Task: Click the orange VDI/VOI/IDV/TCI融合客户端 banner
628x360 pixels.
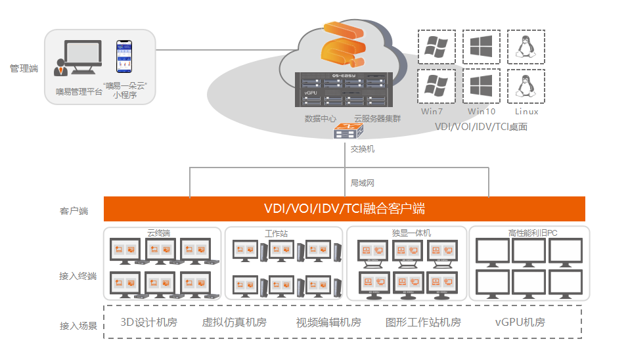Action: click(344, 209)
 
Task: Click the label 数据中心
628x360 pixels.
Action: click(321, 119)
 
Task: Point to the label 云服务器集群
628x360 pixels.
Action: click(377, 119)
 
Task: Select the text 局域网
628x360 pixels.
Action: click(363, 183)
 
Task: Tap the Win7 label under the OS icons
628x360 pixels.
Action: click(432, 112)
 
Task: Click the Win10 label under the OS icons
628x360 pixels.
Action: click(481, 112)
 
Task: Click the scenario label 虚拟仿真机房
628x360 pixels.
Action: click(234, 323)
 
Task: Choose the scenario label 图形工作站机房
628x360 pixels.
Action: click(423, 323)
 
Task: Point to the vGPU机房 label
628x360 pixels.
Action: click(520, 323)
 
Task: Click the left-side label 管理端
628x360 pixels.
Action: click(24, 68)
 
